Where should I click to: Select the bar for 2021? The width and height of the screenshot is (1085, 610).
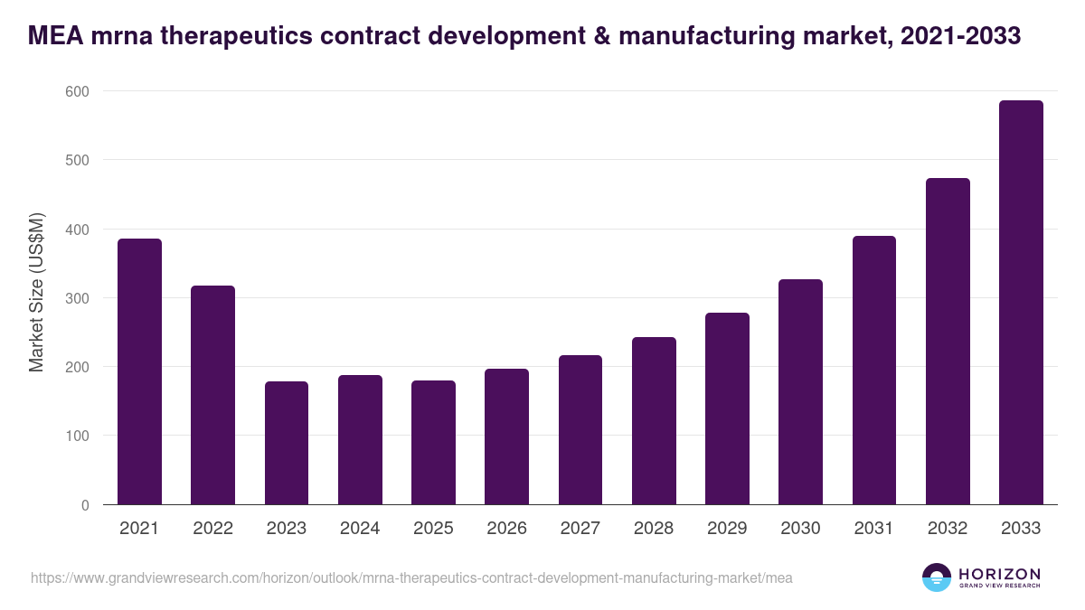tap(139, 371)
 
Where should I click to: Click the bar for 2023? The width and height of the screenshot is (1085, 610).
tap(287, 443)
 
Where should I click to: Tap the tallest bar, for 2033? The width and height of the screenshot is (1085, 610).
tap(1021, 303)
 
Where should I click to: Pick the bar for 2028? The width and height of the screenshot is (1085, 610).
tap(654, 421)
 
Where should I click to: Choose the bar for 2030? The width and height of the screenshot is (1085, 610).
tap(800, 392)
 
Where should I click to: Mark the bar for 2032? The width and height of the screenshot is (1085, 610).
tap(948, 342)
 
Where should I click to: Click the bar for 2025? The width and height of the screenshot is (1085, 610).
tap(433, 443)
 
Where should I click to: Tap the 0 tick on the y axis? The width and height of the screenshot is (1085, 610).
tap(85, 505)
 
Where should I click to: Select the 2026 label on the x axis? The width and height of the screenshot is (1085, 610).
tap(506, 529)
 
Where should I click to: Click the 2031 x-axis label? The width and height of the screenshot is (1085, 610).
tap(874, 529)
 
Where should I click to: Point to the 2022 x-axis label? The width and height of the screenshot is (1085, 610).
tap(212, 529)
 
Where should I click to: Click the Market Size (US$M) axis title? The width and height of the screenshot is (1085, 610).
tap(36, 293)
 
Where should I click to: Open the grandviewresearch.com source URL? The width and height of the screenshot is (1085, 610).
tap(411, 577)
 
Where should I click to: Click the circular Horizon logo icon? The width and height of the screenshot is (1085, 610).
tap(937, 577)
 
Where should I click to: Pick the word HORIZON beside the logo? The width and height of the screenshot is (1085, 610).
tap(999, 574)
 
